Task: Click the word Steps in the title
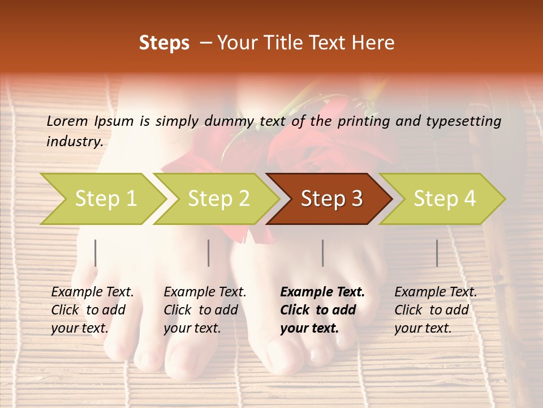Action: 164,43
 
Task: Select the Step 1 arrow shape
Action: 102,199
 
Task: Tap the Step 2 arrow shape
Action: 218,199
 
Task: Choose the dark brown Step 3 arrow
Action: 330,199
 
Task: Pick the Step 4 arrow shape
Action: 444,199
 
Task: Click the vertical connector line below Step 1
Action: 96,253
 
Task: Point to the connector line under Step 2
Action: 209,253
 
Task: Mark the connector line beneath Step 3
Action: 323,253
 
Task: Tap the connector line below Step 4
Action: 437,253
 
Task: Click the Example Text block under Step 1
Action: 93,310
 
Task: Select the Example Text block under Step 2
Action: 205,310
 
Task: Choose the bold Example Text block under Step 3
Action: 322,310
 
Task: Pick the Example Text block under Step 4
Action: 436,310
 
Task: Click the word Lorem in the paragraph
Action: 67,121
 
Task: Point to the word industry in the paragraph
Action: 75,142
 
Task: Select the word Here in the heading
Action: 374,43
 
